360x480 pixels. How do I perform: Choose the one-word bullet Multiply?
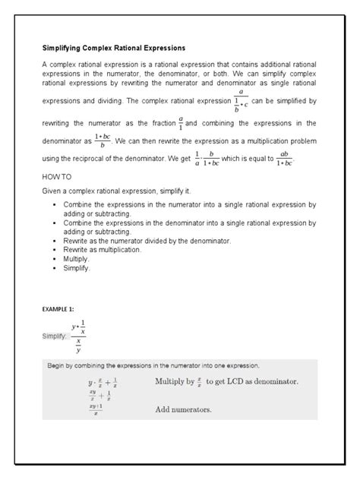pos(77,259)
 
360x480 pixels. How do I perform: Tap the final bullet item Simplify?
pos(77,268)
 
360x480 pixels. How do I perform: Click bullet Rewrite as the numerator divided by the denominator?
pos(147,240)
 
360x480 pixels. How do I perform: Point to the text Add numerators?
pos(183,410)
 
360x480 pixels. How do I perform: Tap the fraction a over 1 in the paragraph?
pos(181,122)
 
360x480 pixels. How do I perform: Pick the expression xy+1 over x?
pos(96,410)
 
